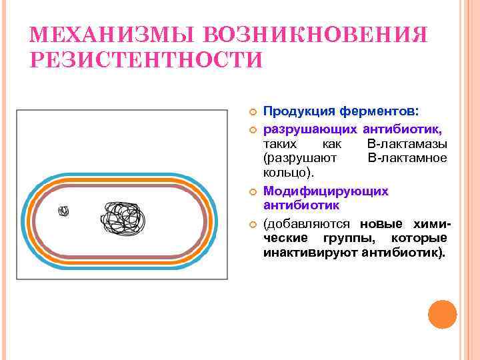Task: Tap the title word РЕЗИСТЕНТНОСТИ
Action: point(147,59)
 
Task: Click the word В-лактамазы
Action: point(407,143)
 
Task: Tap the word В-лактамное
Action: point(407,159)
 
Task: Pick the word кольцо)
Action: point(288,174)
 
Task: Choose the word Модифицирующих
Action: point(326,191)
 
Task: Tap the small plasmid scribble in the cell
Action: point(64,211)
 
